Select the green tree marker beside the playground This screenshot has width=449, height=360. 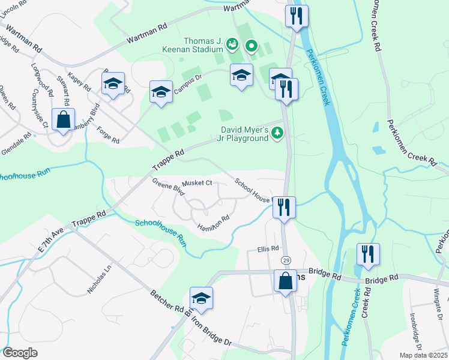(x=277, y=134)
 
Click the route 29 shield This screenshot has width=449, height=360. (x=286, y=259)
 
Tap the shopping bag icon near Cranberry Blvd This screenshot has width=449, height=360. (x=63, y=119)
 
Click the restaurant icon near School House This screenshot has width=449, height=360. (x=283, y=208)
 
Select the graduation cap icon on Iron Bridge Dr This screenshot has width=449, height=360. (x=201, y=299)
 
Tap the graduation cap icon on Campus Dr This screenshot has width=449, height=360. (x=160, y=92)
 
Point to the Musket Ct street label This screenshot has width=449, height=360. (x=197, y=182)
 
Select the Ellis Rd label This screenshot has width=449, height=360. (x=268, y=248)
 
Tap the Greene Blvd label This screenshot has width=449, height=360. (x=167, y=187)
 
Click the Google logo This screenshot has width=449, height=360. (x=20, y=353)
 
